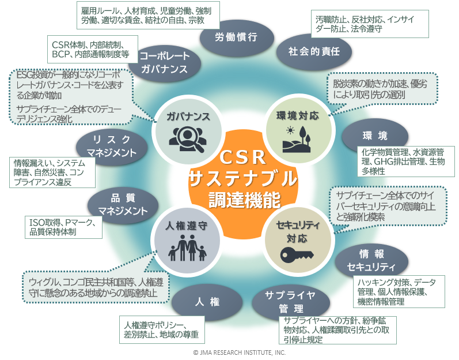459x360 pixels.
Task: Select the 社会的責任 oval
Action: click(x=314, y=51)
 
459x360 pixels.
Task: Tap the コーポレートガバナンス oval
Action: click(x=164, y=62)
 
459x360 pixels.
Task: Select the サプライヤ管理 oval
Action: click(x=290, y=301)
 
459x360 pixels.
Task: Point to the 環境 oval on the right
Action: click(x=375, y=136)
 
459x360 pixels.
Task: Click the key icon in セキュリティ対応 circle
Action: click(x=297, y=253)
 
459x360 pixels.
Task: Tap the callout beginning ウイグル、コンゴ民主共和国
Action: click(x=96, y=287)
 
